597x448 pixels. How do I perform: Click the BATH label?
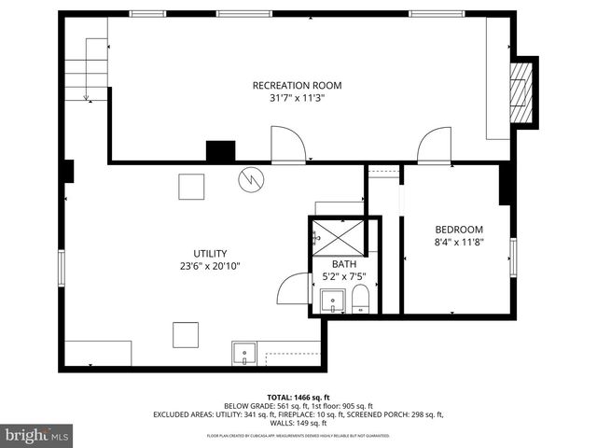pos(344,264)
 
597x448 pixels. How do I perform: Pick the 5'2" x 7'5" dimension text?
pos(344,276)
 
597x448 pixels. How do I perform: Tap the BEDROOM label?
pos(459,230)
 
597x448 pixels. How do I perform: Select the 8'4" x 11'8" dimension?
pos(459,242)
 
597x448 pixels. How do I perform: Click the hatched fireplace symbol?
pos(525,91)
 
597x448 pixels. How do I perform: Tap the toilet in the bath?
pos(361,301)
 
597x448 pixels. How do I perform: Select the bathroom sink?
pos(331,301)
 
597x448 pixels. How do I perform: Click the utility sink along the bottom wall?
pos(243,354)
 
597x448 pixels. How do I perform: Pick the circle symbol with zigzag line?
pos(250,179)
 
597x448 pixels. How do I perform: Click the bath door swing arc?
pos(295,287)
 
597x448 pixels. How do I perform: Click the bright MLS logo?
pos(37,435)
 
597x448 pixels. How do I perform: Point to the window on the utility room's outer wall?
pos(62,266)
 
